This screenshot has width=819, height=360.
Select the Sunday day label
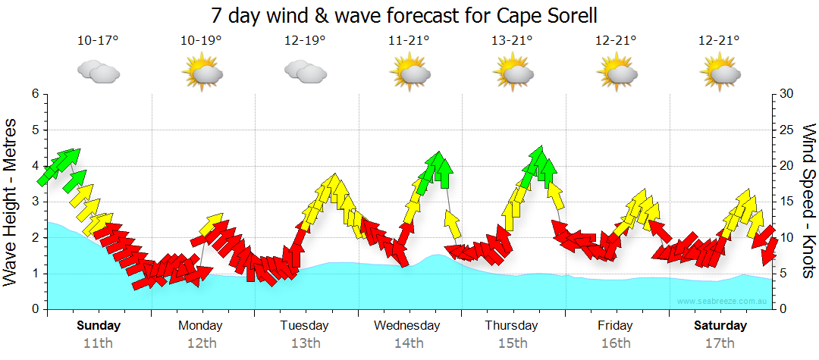click(99, 326)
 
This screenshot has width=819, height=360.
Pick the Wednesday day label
click(407, 326)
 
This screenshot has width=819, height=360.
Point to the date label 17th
click(720, 343)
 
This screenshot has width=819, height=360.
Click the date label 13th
click(304, 343)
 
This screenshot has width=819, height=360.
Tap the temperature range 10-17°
click(98, 41)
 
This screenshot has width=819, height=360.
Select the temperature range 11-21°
click(409, 41)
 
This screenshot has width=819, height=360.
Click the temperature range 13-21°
click(513, 41)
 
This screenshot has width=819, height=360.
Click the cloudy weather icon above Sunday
click(99, 72)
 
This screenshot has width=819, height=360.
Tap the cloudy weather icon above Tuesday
click(305, 72)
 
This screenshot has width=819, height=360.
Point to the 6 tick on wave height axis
click(35, 94)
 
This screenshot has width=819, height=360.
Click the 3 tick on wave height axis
click(35, 202)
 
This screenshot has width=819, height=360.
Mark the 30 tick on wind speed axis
click(787, 94)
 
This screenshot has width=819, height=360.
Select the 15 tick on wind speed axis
click(787, 202)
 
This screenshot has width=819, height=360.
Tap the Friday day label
click(615, 326)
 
